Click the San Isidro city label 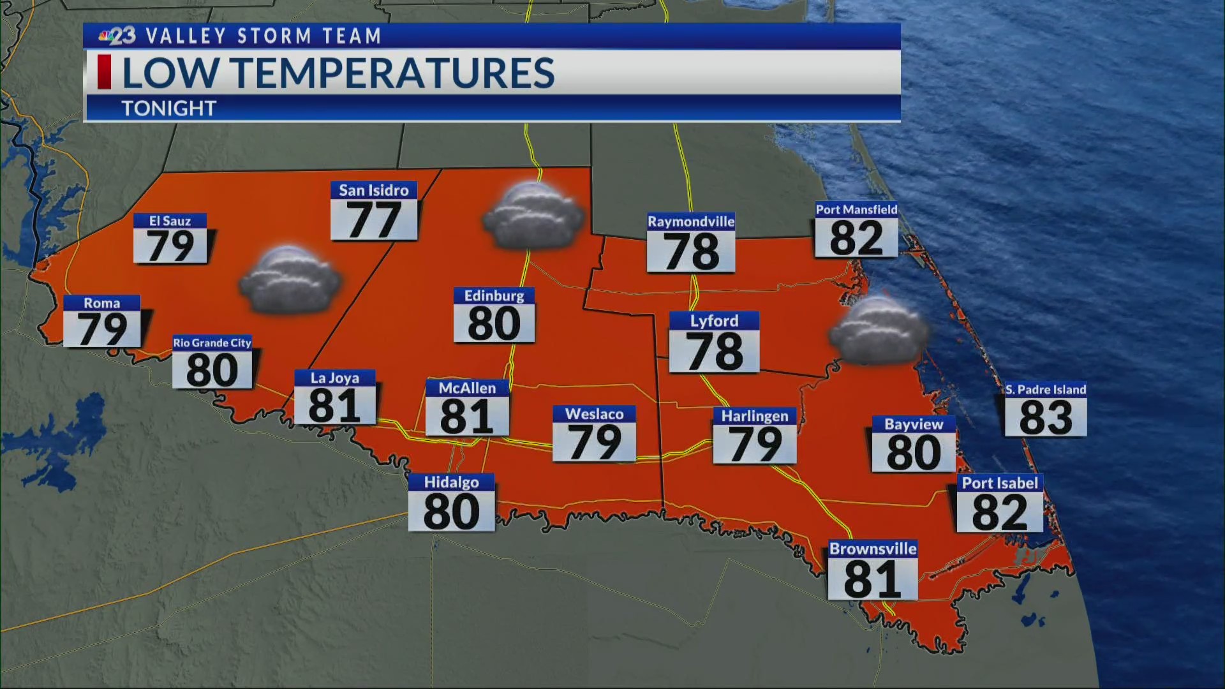point(373,190)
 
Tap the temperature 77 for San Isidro point(374,221)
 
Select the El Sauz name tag point(170,221)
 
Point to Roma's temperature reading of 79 point(102,329)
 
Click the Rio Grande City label point(212,343)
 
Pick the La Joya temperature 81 point(334,406)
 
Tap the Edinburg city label point(494,296)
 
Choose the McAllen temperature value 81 point(466,417)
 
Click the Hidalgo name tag point(451,482)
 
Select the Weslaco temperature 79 point(594,441)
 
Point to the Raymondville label point(691,221)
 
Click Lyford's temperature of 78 point(714,351)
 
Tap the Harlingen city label point(755,416)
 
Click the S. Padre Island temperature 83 point(1046,417)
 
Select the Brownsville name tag point(872,549)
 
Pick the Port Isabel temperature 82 point(1000,512)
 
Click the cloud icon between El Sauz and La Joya point(290,281)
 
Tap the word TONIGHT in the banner point(169,108)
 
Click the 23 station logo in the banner point(117,36)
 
